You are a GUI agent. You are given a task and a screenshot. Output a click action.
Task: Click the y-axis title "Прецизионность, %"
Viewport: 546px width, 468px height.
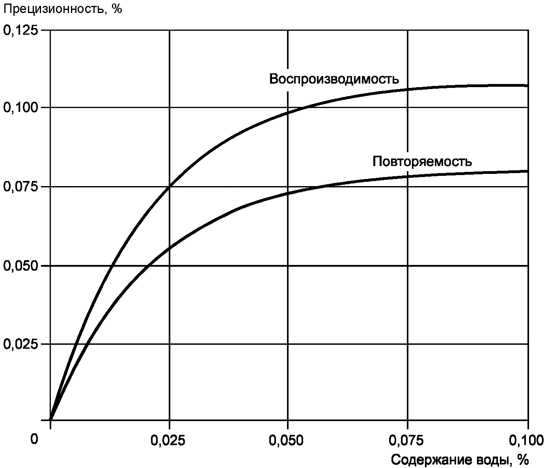click(x=62, y=9)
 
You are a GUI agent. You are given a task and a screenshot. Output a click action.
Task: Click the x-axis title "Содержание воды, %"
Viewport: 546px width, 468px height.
click(x=459, y=459)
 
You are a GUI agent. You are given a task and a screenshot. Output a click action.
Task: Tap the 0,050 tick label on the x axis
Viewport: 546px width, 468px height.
click(x=288, y=440)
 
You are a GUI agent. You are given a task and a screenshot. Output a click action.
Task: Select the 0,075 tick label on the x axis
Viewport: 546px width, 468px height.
click(x=408, y=440)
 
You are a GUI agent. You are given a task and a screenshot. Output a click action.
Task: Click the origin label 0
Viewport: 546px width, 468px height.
click(x=35, y=439)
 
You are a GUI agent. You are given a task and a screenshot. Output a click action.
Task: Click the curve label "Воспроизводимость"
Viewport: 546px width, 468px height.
click(x=334, y=79)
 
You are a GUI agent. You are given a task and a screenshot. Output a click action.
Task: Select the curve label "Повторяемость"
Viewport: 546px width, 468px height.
click(x=422, y=162)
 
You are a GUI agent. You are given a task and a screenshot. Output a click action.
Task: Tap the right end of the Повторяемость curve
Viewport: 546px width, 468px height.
click(x=527, y=171)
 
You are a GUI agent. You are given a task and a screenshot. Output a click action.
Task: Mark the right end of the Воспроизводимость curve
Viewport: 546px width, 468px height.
click(x=527, y=86)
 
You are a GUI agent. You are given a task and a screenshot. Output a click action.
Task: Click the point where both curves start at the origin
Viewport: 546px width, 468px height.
click(x=50, y=420)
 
